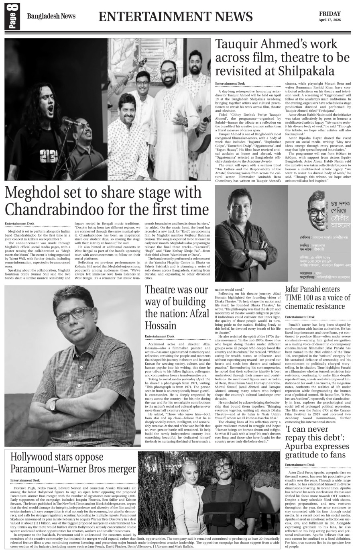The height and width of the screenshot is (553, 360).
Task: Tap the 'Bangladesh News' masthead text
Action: (x=51, y=16)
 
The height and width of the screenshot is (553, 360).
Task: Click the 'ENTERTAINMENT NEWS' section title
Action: (x=175, y=16)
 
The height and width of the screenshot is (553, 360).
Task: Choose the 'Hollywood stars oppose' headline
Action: (x=57, y=457)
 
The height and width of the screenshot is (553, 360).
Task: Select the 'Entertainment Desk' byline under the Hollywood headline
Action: (x=25, y=480)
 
